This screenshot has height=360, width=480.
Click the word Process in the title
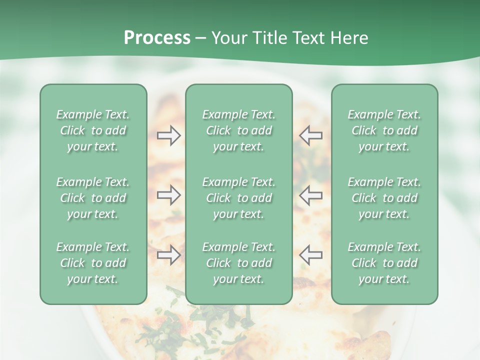pyautogui.click(x=157, y=38)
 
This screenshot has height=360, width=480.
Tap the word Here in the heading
pyautogui.click(x=349, y=38)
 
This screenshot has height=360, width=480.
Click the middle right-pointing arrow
pyautogui.click(x=169, y=195)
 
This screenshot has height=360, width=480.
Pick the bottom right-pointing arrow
pyautogui.click(x=169, y=255)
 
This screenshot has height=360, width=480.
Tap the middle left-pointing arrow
pyautogui.click(x=310, y=195)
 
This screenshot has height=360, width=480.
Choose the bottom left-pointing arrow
pyautogui.click(x=310, y=255)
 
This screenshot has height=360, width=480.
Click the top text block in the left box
pyautogui.click(x=93, y=130)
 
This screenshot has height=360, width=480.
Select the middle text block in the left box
pyautogui.click(x=93, y=198)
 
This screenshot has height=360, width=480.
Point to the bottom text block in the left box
pyautogui.click(x=93, y=263)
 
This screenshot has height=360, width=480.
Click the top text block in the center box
pyautogui.click(x=238, y=130)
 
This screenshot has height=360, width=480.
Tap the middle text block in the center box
pyautogui.click(x=238, y=198)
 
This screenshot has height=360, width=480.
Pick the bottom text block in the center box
pyautogui.click(x=238, y=263)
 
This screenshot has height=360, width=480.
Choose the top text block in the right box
pyautogui.click(x=384, y=130)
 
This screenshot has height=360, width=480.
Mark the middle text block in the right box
pyautogui.click(x=384, y=198)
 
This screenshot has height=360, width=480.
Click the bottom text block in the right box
pyautogui.click(x=384, y=263)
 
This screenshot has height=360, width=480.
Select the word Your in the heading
pyautogui.click(x=229, y=38)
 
